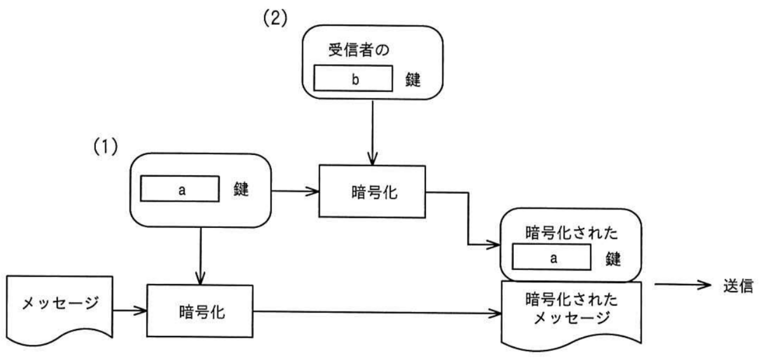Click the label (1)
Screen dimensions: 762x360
coord(106,147)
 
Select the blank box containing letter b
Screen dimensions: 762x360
coord(353,78)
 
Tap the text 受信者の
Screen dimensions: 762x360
coord(359,50)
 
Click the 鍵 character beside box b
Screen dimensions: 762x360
coord(413,79)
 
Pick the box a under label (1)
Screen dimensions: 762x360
coord(180,189)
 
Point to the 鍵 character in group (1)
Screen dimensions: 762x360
coord(241,189)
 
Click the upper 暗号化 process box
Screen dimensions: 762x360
coord(372,192)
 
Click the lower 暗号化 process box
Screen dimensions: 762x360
coord(200,311)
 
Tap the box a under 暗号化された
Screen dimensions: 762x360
coord(551,257)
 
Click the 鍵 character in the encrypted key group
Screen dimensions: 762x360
coord(613,259)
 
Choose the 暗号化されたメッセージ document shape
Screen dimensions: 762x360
coord(571,315)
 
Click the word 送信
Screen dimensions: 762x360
coord(738,286)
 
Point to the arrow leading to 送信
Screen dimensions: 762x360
coord(683,284)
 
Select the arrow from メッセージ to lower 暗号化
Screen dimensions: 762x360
coord(130,310)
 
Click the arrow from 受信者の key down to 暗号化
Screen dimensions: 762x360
coord(373,133)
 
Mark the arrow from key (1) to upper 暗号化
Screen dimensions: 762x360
coord(295,191)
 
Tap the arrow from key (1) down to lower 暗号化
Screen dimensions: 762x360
coord(201,257)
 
